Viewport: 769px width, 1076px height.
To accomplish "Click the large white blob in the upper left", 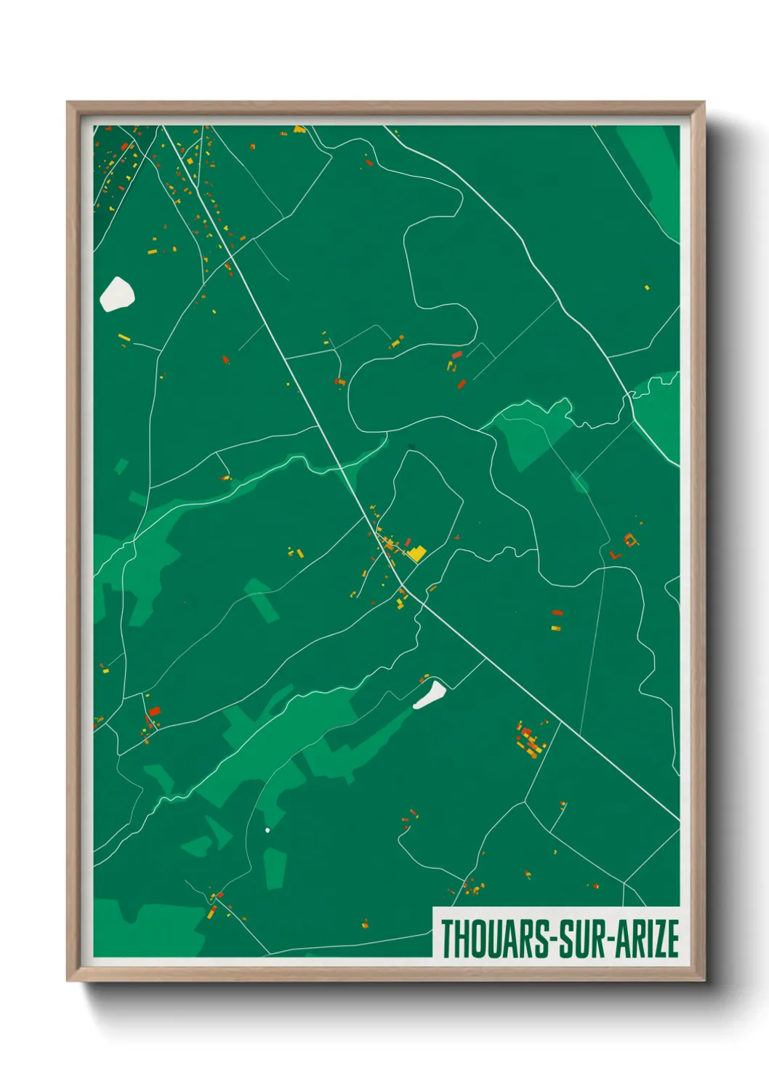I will (x=116, y=294).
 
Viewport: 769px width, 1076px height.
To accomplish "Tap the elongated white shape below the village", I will (x=430, y=694).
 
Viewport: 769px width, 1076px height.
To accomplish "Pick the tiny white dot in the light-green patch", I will (x=267, y=830).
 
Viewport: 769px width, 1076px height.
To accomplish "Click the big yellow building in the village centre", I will (x=416, y=554).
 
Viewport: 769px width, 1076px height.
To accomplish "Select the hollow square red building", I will (x=629, y=539).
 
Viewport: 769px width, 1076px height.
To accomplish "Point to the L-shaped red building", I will (x=615, y=555).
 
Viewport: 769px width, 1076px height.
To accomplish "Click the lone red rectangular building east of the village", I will (x=557, y=613).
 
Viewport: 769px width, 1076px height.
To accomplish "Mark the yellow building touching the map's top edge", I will (x=299, y=129).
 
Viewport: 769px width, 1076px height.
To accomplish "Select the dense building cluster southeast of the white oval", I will (x=530, y=740).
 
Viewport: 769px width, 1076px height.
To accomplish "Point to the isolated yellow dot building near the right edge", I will (x=646, y=288).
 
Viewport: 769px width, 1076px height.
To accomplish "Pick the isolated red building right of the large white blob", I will (x=225, y=359).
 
